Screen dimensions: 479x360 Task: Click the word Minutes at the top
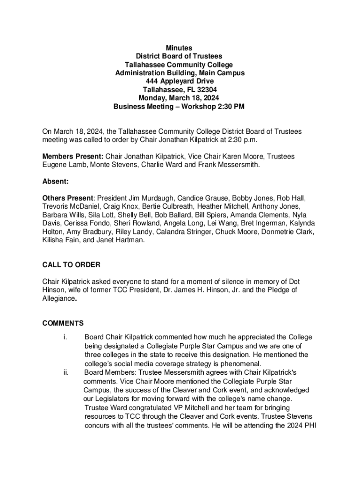coord(180,48)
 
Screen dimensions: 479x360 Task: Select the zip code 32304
coord(206,90)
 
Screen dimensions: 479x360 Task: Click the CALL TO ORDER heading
coord(71,265)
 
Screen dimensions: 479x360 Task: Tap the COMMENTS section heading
coord(63,323)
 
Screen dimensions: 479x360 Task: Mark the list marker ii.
coord(65,372)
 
